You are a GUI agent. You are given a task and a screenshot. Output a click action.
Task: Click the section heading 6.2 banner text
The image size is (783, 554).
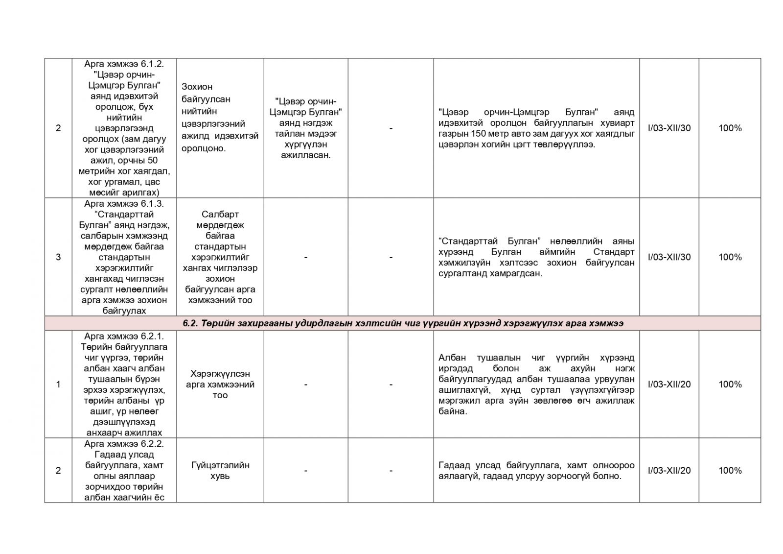coord(403,323)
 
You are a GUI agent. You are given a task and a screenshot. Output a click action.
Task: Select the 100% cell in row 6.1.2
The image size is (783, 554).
coord(730,128)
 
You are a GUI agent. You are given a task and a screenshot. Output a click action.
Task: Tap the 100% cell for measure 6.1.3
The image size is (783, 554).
coord(730,257)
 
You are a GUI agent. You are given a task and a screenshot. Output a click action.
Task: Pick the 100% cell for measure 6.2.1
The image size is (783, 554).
coord(730,385)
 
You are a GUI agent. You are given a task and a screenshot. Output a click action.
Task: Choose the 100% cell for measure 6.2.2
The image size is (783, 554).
coord(730,471)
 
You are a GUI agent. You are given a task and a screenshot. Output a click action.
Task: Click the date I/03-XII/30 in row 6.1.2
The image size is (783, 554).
coord(669,128)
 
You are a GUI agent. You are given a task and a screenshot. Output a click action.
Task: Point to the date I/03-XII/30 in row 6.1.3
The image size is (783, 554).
coord(669,257)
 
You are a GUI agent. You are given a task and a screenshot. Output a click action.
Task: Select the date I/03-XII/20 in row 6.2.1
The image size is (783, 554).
coord(669,385)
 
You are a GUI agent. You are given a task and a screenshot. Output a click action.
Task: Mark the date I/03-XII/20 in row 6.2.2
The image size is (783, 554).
coord(669,471)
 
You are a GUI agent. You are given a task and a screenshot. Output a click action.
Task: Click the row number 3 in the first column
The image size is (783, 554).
coord(58,257)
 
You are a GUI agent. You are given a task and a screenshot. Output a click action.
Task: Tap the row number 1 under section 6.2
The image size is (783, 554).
coord(58,385)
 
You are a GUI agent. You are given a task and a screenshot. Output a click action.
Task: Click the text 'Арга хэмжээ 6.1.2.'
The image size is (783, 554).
coord(124,64)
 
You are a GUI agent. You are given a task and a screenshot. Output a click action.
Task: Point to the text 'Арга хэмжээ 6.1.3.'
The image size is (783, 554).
coord(124,204)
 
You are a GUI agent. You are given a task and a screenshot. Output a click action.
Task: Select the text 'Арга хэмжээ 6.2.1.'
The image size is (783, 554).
coord(124,337)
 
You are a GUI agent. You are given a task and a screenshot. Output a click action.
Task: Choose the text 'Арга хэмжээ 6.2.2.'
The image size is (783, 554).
coord(124,444)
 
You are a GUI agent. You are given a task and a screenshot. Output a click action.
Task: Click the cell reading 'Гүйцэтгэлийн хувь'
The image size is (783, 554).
coord(220,471)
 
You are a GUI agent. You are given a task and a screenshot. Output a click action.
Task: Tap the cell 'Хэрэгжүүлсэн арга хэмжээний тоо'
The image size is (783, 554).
coord(220,385)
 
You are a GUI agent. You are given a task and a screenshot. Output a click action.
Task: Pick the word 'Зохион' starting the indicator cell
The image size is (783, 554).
coord(197,87)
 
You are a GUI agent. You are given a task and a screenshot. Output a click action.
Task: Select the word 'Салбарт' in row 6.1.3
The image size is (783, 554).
coord(220,215)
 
